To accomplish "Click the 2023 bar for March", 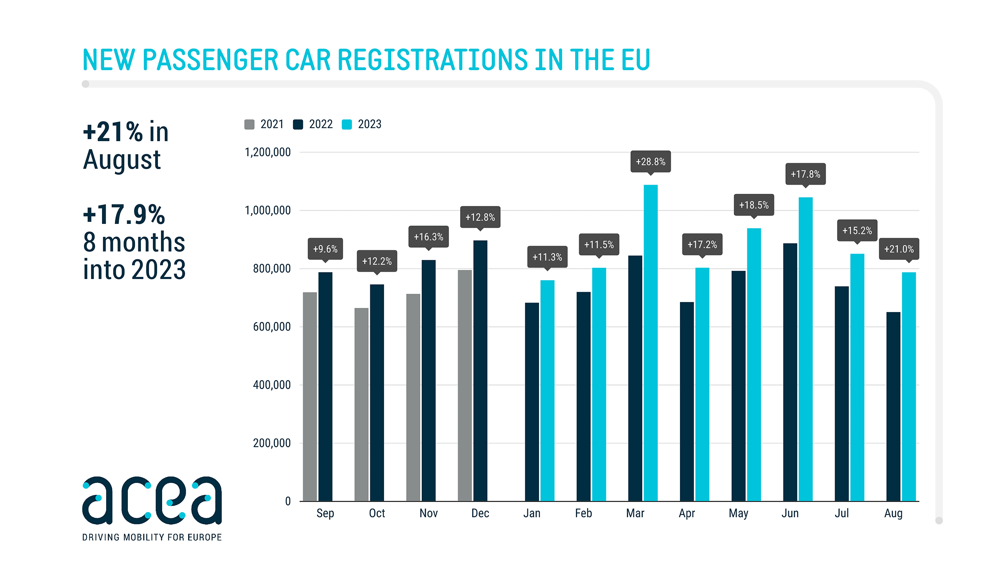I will point(650,343).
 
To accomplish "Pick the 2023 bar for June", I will point(805,349).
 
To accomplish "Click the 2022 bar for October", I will point(377,393).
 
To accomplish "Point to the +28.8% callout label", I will point(650,162).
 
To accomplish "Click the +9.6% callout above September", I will point(325,249).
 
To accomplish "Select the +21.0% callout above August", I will point(899,249).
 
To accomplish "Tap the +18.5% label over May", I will point(754,205).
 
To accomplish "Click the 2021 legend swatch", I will point(249,124).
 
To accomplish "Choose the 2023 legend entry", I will point(362,124).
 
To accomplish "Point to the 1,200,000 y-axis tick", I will point(267,152).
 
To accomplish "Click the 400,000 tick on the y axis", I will point(272,385).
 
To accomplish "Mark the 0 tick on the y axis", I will point(288,501).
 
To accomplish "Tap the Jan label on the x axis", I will point(532,513).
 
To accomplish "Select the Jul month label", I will point(842,513).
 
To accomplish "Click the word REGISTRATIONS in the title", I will point(433,60).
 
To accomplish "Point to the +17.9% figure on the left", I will point(124,215).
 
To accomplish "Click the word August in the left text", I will point(122,160).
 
